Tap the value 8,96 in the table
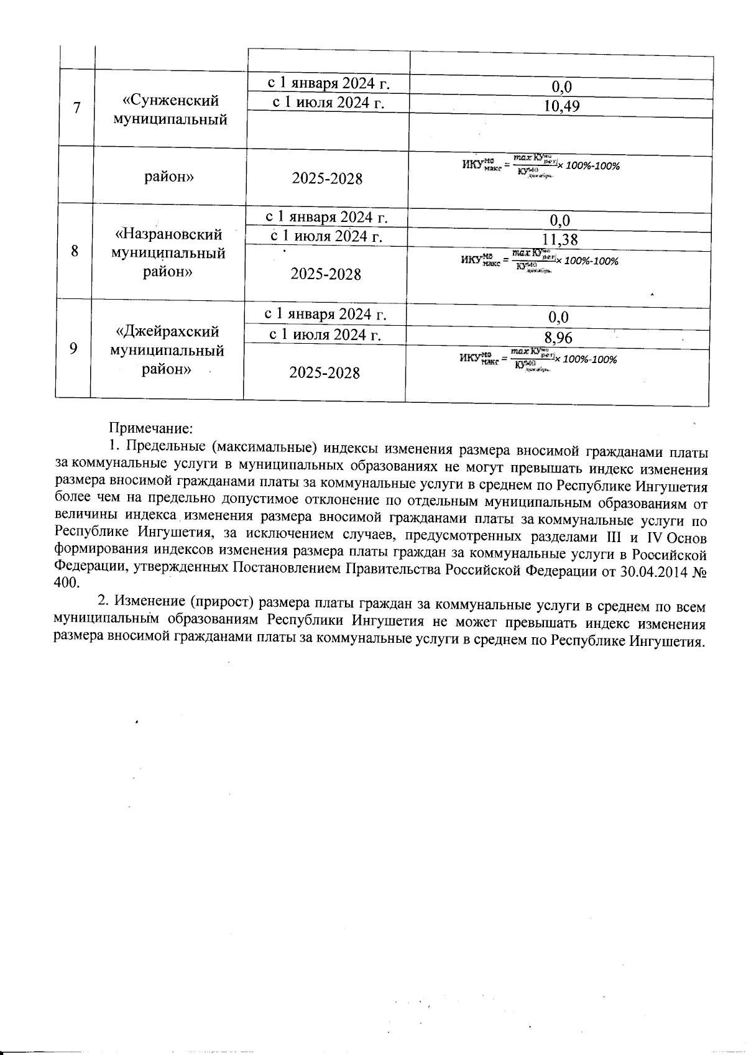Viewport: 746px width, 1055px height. [x=558, y=338]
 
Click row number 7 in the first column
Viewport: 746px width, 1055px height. [x=76, y=108]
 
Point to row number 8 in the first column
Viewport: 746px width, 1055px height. [x=75, y=252]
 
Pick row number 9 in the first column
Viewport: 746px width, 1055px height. [x=73, y=348]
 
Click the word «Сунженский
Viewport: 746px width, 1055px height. [x=170, y=100]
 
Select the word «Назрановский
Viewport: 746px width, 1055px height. [x=168, y=234]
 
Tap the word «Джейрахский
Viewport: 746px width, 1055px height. [x=167, y=331]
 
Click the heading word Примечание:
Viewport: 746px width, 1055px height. [x=152, y=428]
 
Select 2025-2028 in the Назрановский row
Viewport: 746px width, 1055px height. [x=326, y=274]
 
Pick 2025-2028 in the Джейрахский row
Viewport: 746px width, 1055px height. [x=325, y=372]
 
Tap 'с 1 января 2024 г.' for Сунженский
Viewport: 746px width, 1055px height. [x=328, y=83]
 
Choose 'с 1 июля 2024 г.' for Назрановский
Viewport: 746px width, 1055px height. [x=326, y=236]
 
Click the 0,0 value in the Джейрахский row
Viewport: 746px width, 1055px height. [x=558, y=318]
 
